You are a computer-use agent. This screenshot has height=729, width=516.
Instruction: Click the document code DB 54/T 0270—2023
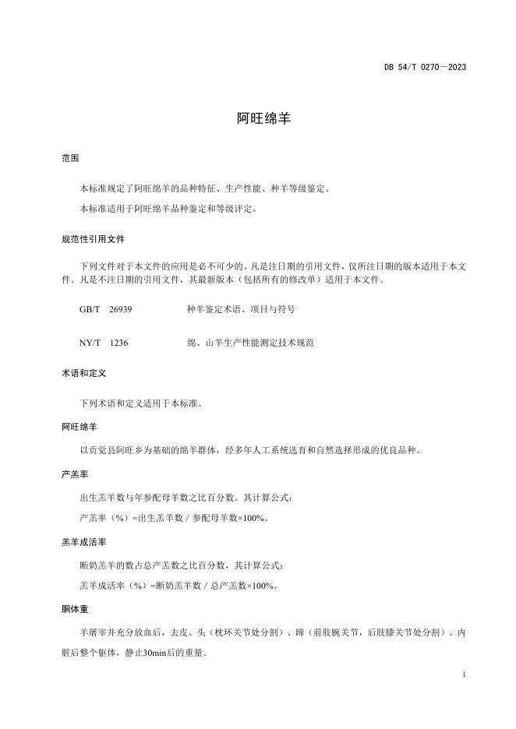[x=425, y=67]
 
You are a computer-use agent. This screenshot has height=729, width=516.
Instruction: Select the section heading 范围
[x=70, y=158]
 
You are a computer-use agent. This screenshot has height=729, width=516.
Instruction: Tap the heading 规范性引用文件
[x=92, y=239]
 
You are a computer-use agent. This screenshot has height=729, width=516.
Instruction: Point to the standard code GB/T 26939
[x=105, y=309]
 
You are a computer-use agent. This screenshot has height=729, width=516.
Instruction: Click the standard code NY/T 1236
[x=104, y=342]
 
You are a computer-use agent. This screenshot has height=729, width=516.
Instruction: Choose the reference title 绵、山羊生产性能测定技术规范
[x=250, y=342]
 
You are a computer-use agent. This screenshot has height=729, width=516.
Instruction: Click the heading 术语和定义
[x=83, y=374]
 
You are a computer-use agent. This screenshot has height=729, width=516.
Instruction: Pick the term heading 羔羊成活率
[x=83, y=541]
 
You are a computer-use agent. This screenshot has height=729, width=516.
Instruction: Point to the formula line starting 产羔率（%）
[x=174, y=518]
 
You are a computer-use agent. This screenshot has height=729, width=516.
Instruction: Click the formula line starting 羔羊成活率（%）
[x=178, y=586]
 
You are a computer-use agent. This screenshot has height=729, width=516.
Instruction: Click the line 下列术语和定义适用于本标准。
[x=142, y=404]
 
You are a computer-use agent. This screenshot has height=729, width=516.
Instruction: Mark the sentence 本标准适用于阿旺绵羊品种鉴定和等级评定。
[x=168, y=209]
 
